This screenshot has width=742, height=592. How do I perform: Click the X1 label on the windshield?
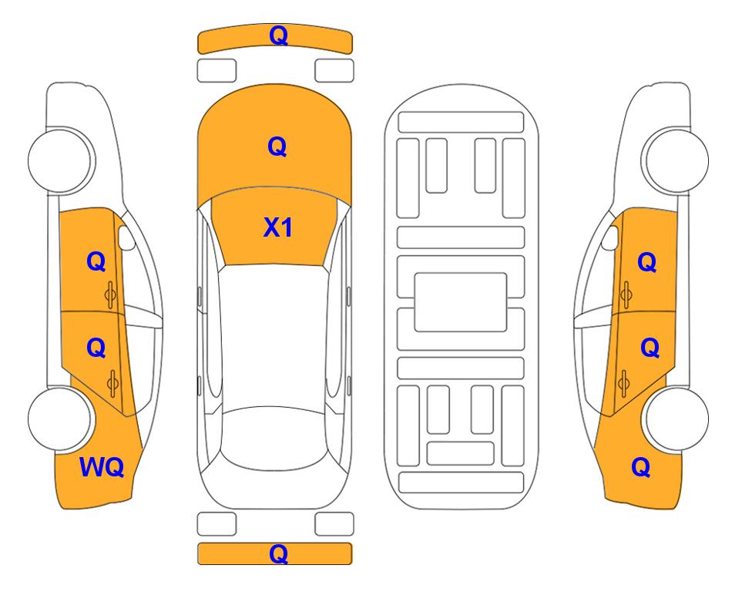click(x=278, y=227)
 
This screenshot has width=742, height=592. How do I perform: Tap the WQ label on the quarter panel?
click(x=102, y=467)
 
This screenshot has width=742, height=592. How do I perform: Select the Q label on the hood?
click(x=277, y=146)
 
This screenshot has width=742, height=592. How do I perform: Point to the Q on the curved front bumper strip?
click(x=278, y=35)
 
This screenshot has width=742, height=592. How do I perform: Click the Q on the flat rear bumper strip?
click(x=278, y=553)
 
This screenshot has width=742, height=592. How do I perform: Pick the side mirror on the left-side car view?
click(x=126, y=237)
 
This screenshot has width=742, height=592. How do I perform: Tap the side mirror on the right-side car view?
click(x=610, y=237)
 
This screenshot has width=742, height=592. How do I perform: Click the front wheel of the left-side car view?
click(x=61, y=160)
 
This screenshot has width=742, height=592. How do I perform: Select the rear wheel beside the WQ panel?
click(x=61, y=419)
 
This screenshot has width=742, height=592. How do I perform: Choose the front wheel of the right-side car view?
click(x=675, y=160)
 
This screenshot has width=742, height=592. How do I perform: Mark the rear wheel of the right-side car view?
click(x=675, y=419)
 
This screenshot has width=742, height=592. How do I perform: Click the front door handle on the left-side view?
click(x=111, y=294)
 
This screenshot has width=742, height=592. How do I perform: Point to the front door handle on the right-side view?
click(x=626, y=294)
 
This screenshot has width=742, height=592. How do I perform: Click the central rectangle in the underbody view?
click(x=461, y=302)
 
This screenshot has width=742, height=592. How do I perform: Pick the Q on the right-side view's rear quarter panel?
click(x=641, y=467)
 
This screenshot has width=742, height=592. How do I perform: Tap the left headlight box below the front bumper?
click(x=217, y=71)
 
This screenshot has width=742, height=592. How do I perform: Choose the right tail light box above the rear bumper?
click(x=334, y=524)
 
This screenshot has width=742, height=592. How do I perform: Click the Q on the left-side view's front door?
click(x=96, y=261)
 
